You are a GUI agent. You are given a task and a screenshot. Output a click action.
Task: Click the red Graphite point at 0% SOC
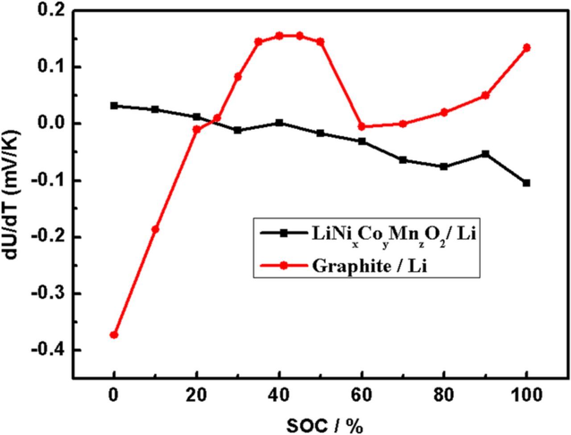click(114, 335)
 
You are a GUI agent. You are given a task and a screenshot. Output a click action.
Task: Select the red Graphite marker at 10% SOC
click(155, 229)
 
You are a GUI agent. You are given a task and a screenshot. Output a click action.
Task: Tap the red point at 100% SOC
click(526, 48)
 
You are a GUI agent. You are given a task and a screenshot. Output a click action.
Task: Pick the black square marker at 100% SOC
click(526, 183)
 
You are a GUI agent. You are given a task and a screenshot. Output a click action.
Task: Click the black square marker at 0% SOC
click(114, 106)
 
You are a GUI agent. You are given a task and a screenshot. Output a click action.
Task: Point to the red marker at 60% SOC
click(362, 127)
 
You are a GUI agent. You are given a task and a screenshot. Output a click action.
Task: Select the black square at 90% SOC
click(485, 154)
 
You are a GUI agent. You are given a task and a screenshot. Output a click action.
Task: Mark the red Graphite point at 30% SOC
click(238, 77)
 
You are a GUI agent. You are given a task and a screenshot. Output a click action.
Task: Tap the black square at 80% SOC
click(444, 166)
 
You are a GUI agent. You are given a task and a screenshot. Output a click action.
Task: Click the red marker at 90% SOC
click(485, 95)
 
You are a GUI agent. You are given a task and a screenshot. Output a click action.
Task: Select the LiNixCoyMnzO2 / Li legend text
click(392, 234)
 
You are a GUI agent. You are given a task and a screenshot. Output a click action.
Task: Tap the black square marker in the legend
click(282, 232)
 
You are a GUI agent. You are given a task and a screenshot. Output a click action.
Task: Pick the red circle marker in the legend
click(282, 265)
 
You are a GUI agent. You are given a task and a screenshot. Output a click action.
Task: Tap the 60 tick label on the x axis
click(361, 395)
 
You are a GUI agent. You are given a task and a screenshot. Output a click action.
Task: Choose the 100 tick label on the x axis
click(526, 395)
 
